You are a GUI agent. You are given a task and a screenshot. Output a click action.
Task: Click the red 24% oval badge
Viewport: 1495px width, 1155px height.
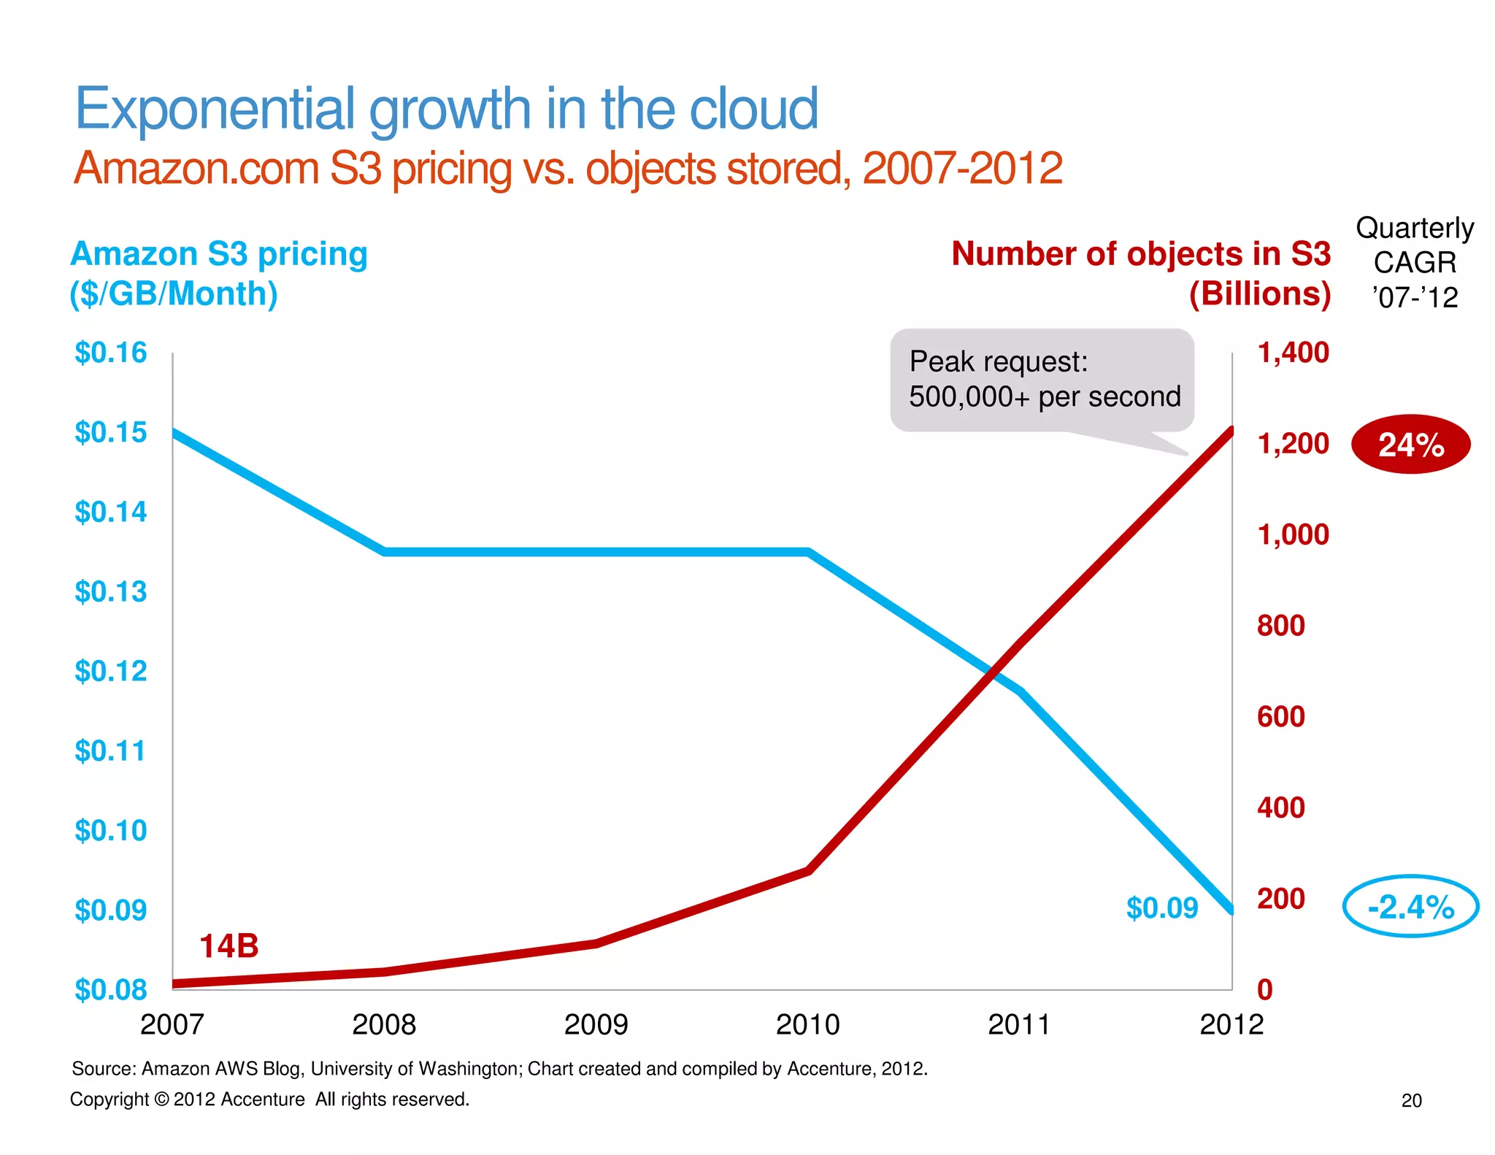[1410, 444]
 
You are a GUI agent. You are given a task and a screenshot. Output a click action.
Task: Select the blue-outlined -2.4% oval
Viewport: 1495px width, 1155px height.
[1410, 906]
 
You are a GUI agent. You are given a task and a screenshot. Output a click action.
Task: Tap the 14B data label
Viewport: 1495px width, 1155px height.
[228, 945]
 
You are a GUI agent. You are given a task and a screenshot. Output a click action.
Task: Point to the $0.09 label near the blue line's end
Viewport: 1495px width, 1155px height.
[1162, 907]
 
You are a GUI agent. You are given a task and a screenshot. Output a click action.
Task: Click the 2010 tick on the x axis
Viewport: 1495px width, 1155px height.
[807, 1024]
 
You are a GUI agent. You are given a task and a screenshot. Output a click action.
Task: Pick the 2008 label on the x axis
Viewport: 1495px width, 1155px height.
[383, 1024]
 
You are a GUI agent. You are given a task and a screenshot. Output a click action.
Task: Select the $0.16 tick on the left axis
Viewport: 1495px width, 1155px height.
[110, 353]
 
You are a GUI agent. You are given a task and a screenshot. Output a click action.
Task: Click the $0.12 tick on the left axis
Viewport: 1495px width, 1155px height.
[110, 671]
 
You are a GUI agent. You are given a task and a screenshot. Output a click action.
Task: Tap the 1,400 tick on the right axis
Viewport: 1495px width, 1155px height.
[1293, 353]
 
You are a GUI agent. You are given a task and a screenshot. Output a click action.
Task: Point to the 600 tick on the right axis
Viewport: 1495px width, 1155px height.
[1280, 716]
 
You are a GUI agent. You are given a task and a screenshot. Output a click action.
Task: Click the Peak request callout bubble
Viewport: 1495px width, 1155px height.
[1042, 380]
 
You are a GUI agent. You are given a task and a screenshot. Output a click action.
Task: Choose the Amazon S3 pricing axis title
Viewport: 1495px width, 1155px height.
[218, 254]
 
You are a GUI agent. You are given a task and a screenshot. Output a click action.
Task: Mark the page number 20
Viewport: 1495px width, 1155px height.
[1411, 1100]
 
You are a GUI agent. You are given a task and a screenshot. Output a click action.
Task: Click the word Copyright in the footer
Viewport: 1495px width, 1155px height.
[109, 1100]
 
